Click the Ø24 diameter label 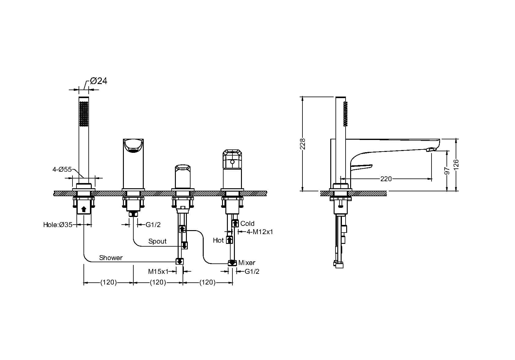[98, 81]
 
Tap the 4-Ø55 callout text [62, 170]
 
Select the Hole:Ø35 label [58, 225]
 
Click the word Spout [157, 241]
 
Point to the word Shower [111, 258]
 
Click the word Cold [247, 223]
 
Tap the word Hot [218, 240]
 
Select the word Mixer [247, 263]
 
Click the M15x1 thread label [158, 272]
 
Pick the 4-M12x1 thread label [260, 232]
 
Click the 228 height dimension [302, 144]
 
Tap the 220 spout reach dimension [386, 179]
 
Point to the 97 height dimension [447, 171]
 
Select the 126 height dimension [456, 165]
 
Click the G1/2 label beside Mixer [252, 272]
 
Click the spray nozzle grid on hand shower [84, 114]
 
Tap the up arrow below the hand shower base [84, 209]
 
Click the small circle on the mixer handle [232, 162]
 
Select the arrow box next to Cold [235, 223]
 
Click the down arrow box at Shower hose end [180, 261]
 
